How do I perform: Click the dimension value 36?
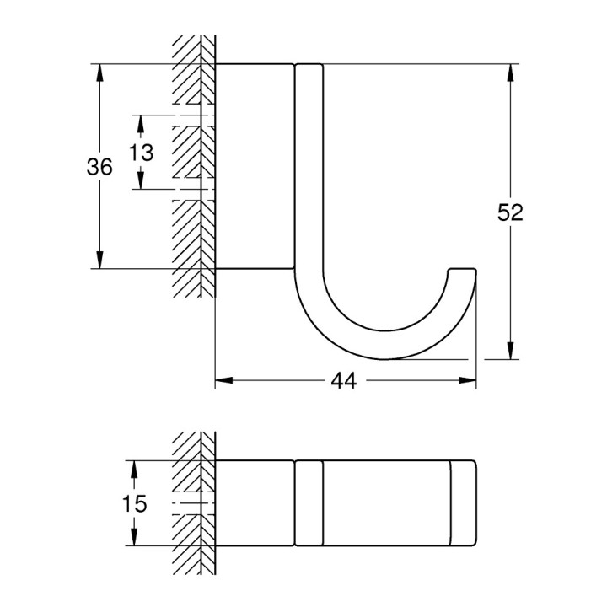[99, 167]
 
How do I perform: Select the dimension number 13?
[142, 153]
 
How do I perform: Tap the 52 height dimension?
[509, 212]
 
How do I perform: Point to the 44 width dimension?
[342, 381]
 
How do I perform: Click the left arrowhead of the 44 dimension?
[222, 381]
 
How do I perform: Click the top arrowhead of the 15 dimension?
[133, 467]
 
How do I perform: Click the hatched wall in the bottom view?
[192, 504]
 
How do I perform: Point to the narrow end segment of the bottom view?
[464, 504]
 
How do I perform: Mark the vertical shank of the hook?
[309, 169]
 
